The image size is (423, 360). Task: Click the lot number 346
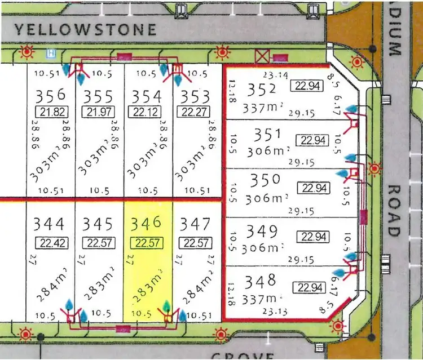(146, 224)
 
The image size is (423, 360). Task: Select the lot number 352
(264, 89)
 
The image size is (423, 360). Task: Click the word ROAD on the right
(394, 211)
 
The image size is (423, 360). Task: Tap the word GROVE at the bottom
(243, 355)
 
